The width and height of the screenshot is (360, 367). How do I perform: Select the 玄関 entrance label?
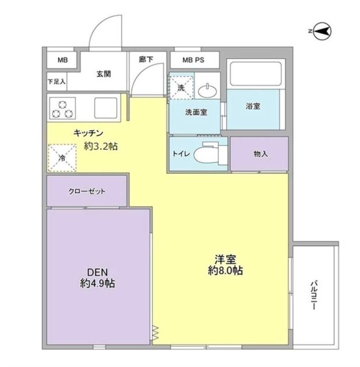pos(104,74)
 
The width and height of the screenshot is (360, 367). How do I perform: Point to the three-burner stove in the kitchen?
pos(63,107)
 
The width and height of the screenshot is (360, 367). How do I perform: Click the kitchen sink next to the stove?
pos(105,108)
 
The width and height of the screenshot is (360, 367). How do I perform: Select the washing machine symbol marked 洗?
pos(181,88)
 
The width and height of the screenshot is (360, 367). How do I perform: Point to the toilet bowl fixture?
pos(205,154)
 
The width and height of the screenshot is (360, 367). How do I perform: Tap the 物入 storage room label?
pos(260,154)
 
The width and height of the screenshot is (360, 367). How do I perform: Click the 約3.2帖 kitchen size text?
pos(101,147)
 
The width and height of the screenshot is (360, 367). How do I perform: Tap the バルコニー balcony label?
pos(314,295)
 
